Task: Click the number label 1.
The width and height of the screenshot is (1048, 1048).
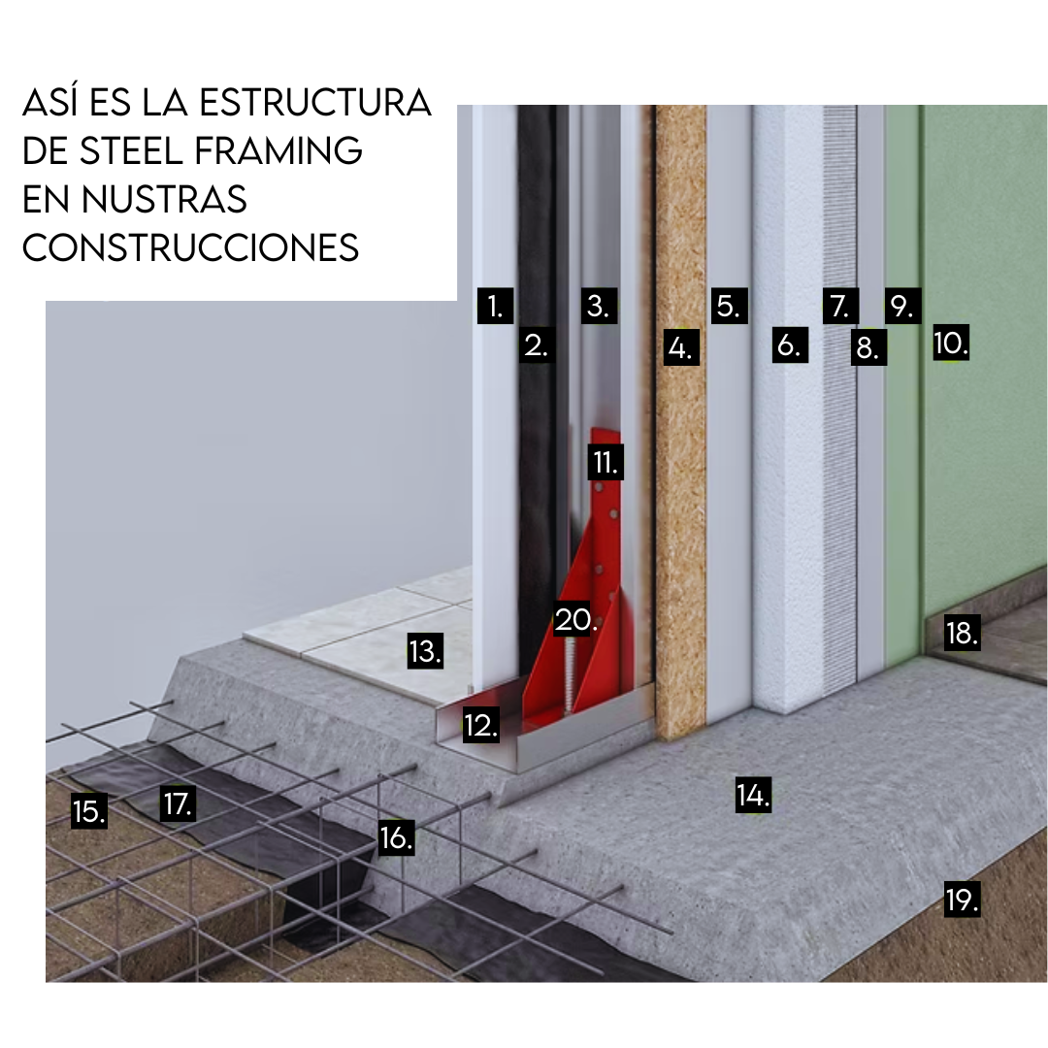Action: [495, 307]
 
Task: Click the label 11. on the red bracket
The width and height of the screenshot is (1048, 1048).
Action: [606, 462]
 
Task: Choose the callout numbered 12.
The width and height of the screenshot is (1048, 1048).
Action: [481, 725]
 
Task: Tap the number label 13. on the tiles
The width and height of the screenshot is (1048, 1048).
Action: [425, 651]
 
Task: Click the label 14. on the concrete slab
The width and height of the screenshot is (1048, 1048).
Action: [753, 796]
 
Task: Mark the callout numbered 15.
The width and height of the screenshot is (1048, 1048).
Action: [89, 811]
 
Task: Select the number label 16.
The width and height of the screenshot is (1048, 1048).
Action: [396, 836]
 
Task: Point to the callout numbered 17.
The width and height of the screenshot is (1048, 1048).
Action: [179, 803]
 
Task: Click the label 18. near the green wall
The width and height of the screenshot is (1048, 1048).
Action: [962, 634]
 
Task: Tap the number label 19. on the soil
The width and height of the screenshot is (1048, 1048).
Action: [962, 900]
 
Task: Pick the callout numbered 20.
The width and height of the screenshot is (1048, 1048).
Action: [574, 619]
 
